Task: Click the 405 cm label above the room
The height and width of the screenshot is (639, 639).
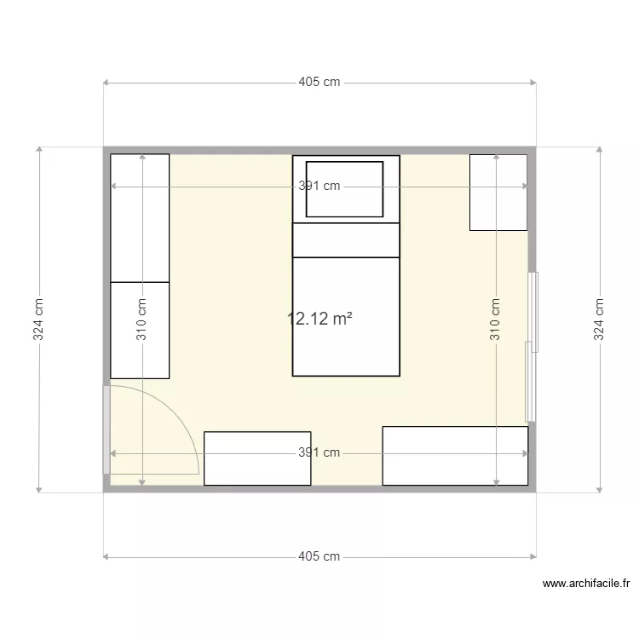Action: point(319,83)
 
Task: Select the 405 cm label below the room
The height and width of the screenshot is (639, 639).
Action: point(319,556)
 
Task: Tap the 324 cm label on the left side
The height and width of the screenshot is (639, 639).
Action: point(39,319)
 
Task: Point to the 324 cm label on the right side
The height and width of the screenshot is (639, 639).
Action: point(599,319)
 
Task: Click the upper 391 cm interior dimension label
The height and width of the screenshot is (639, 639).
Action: point(319,187)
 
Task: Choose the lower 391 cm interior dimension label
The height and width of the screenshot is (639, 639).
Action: point(319,453)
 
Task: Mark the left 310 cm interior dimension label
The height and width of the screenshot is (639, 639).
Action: point(141,319)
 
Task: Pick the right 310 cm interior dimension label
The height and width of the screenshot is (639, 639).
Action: point(495,319)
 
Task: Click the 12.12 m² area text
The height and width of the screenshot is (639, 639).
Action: point(320,319)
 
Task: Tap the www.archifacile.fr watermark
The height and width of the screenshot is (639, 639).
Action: point(586,584)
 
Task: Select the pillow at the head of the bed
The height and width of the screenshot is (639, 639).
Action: point(344,189)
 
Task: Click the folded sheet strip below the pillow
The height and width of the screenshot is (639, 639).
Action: point(346,239)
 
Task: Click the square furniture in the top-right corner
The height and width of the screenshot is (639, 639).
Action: point(498,193)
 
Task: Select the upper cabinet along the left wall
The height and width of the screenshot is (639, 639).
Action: point(140,217)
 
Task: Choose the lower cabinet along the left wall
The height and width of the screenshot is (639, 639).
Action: point(140,330)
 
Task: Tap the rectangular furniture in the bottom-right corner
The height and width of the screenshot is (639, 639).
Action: point(455,456)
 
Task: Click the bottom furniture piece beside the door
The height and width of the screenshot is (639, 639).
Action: point(257,458)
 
